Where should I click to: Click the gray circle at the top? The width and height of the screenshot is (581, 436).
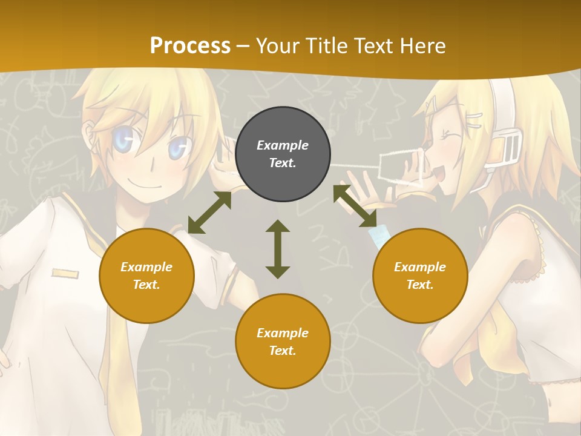pos(283,154)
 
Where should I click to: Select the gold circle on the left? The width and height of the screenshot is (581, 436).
pos(146,276)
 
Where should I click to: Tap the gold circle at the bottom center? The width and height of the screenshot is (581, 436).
pos(283,342)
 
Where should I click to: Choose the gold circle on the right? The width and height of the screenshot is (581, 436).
pos(420,276)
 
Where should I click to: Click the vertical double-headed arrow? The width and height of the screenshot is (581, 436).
pos(278,249)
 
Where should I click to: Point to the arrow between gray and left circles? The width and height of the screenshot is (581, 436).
pos(209,213)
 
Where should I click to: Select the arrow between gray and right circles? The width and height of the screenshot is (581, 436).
pos(355,206)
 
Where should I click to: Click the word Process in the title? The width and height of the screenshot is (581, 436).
pos(190,45)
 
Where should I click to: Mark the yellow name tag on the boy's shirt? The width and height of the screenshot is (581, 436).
pos(65,274)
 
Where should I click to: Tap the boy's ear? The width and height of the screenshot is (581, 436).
pos(90,134)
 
